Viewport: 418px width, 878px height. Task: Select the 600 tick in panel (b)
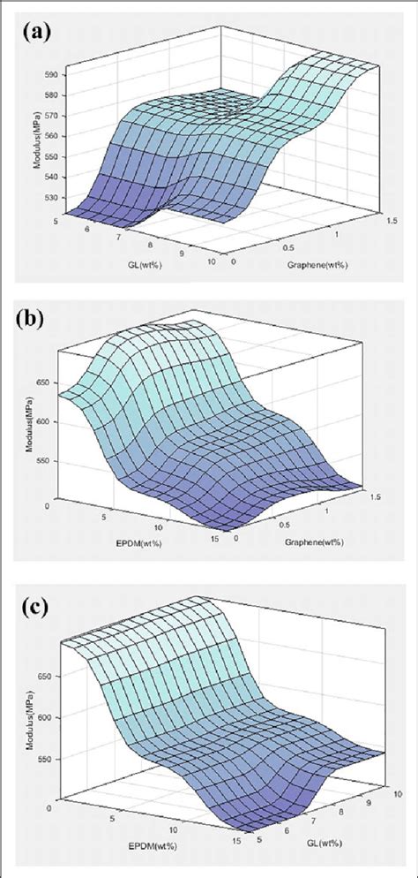pyautogui.click(x=46, y=422)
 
